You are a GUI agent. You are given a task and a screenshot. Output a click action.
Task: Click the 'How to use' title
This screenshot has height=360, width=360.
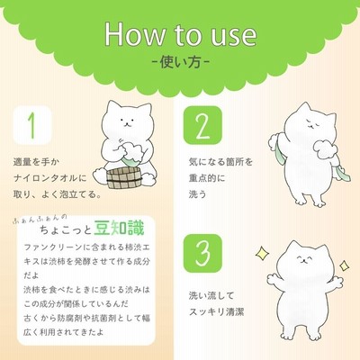tap(181, 34)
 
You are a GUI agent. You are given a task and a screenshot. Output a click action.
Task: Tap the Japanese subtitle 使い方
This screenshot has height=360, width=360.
tap(181, 62)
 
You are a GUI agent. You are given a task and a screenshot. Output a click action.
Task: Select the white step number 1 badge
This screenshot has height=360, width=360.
tap(32, 125)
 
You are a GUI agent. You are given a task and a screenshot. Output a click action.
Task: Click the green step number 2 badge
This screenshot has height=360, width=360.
tap(202, 125)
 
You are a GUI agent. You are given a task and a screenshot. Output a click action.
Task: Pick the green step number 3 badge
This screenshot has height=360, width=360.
tap(202, 254)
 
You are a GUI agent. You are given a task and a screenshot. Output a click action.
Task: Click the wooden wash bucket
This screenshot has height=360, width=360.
tap(124, 179)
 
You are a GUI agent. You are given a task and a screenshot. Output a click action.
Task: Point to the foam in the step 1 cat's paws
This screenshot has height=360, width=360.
tap(133, 150)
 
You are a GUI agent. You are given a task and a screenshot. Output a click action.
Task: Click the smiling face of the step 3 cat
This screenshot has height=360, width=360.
tap(303, 259)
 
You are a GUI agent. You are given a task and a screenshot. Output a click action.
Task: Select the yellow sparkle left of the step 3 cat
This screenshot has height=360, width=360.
tap(262, 254)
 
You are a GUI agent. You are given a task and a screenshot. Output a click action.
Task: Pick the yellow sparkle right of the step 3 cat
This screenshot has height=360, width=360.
tap(344, 265)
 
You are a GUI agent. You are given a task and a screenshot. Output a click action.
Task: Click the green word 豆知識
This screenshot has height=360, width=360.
tap(119, 228)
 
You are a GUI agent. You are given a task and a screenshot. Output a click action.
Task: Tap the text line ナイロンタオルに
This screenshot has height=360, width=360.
tap(50, 178)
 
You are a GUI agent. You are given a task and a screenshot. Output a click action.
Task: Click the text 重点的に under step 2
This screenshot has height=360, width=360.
tap(207, 178)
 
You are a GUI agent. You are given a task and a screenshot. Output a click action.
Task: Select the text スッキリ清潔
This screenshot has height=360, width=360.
tap(216, 312)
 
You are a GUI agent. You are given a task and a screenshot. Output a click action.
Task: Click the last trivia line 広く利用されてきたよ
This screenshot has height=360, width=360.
tap(64, 332)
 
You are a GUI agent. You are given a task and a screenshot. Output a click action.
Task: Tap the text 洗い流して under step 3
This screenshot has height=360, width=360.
tap(211, 296)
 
